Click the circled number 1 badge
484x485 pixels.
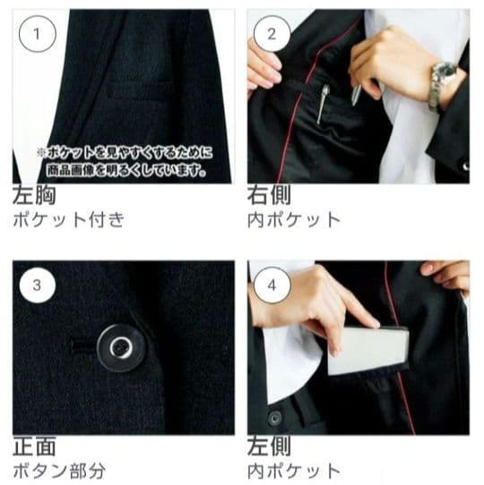[37, 35]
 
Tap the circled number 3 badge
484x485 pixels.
[37, 286]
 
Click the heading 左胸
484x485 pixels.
[33, 196]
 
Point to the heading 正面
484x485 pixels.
[33, 447]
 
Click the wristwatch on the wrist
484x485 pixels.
[444, 79]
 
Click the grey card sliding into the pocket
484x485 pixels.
[367, 350]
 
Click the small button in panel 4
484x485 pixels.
[274, 417]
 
